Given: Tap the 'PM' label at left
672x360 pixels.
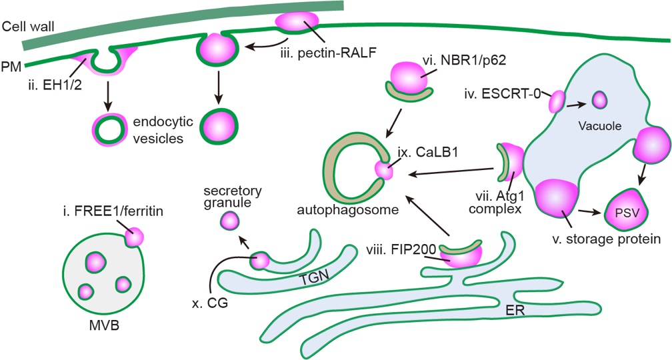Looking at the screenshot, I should click(x=10, y=67).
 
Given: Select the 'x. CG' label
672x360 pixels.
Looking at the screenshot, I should click(x=206, y=303).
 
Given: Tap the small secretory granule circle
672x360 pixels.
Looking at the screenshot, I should click(x=230, y=219).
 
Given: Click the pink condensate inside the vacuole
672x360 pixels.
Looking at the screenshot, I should click(x=599, y=101).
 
